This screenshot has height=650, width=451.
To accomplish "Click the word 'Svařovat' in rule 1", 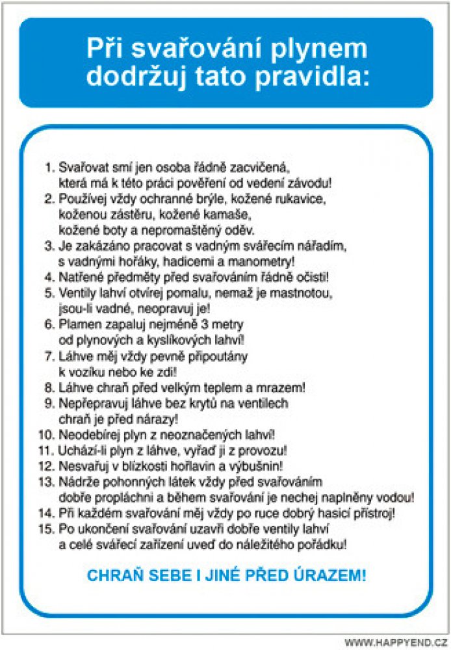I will click(80, 167).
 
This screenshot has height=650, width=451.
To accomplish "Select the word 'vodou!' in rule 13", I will click(397, 497).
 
